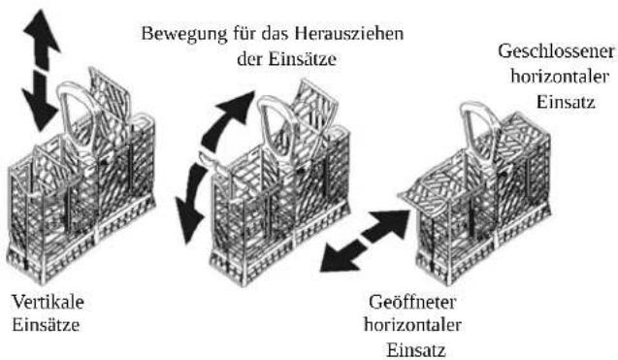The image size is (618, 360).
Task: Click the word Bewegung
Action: pyautogui.click(x=184, y=34)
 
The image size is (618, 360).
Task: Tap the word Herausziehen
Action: pyautogui.click(x=350, y=33)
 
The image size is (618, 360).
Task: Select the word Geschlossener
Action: pyautogui.click(x=556, y=51)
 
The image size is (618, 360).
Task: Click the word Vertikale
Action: pyautogui.click(x=49, y=302)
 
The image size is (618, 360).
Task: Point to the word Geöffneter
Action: pyautogui.click(x=412, y=303)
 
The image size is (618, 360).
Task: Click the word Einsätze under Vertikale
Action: pyautogui.click(x=46, y=325)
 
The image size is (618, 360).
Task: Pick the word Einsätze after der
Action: pyautogui.click(x=303, y=59)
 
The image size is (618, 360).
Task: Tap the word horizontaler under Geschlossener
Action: pyautogui.click(x=560, y=77)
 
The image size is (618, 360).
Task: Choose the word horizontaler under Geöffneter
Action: pyautogui.click(x=412, y=325)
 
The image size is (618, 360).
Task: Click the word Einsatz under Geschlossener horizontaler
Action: pyautogui.click(x=566, y=102)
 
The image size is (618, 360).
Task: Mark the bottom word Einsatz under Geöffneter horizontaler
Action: pyautogui.click(x=416, y=350)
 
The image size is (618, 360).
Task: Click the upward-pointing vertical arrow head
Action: pyautogui.click(x=42, y=31)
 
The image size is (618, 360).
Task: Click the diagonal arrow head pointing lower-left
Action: pyautogui.click(x=339, y=258)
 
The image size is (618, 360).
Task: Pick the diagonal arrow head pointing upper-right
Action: pyautogui.click(x=391, y=224)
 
